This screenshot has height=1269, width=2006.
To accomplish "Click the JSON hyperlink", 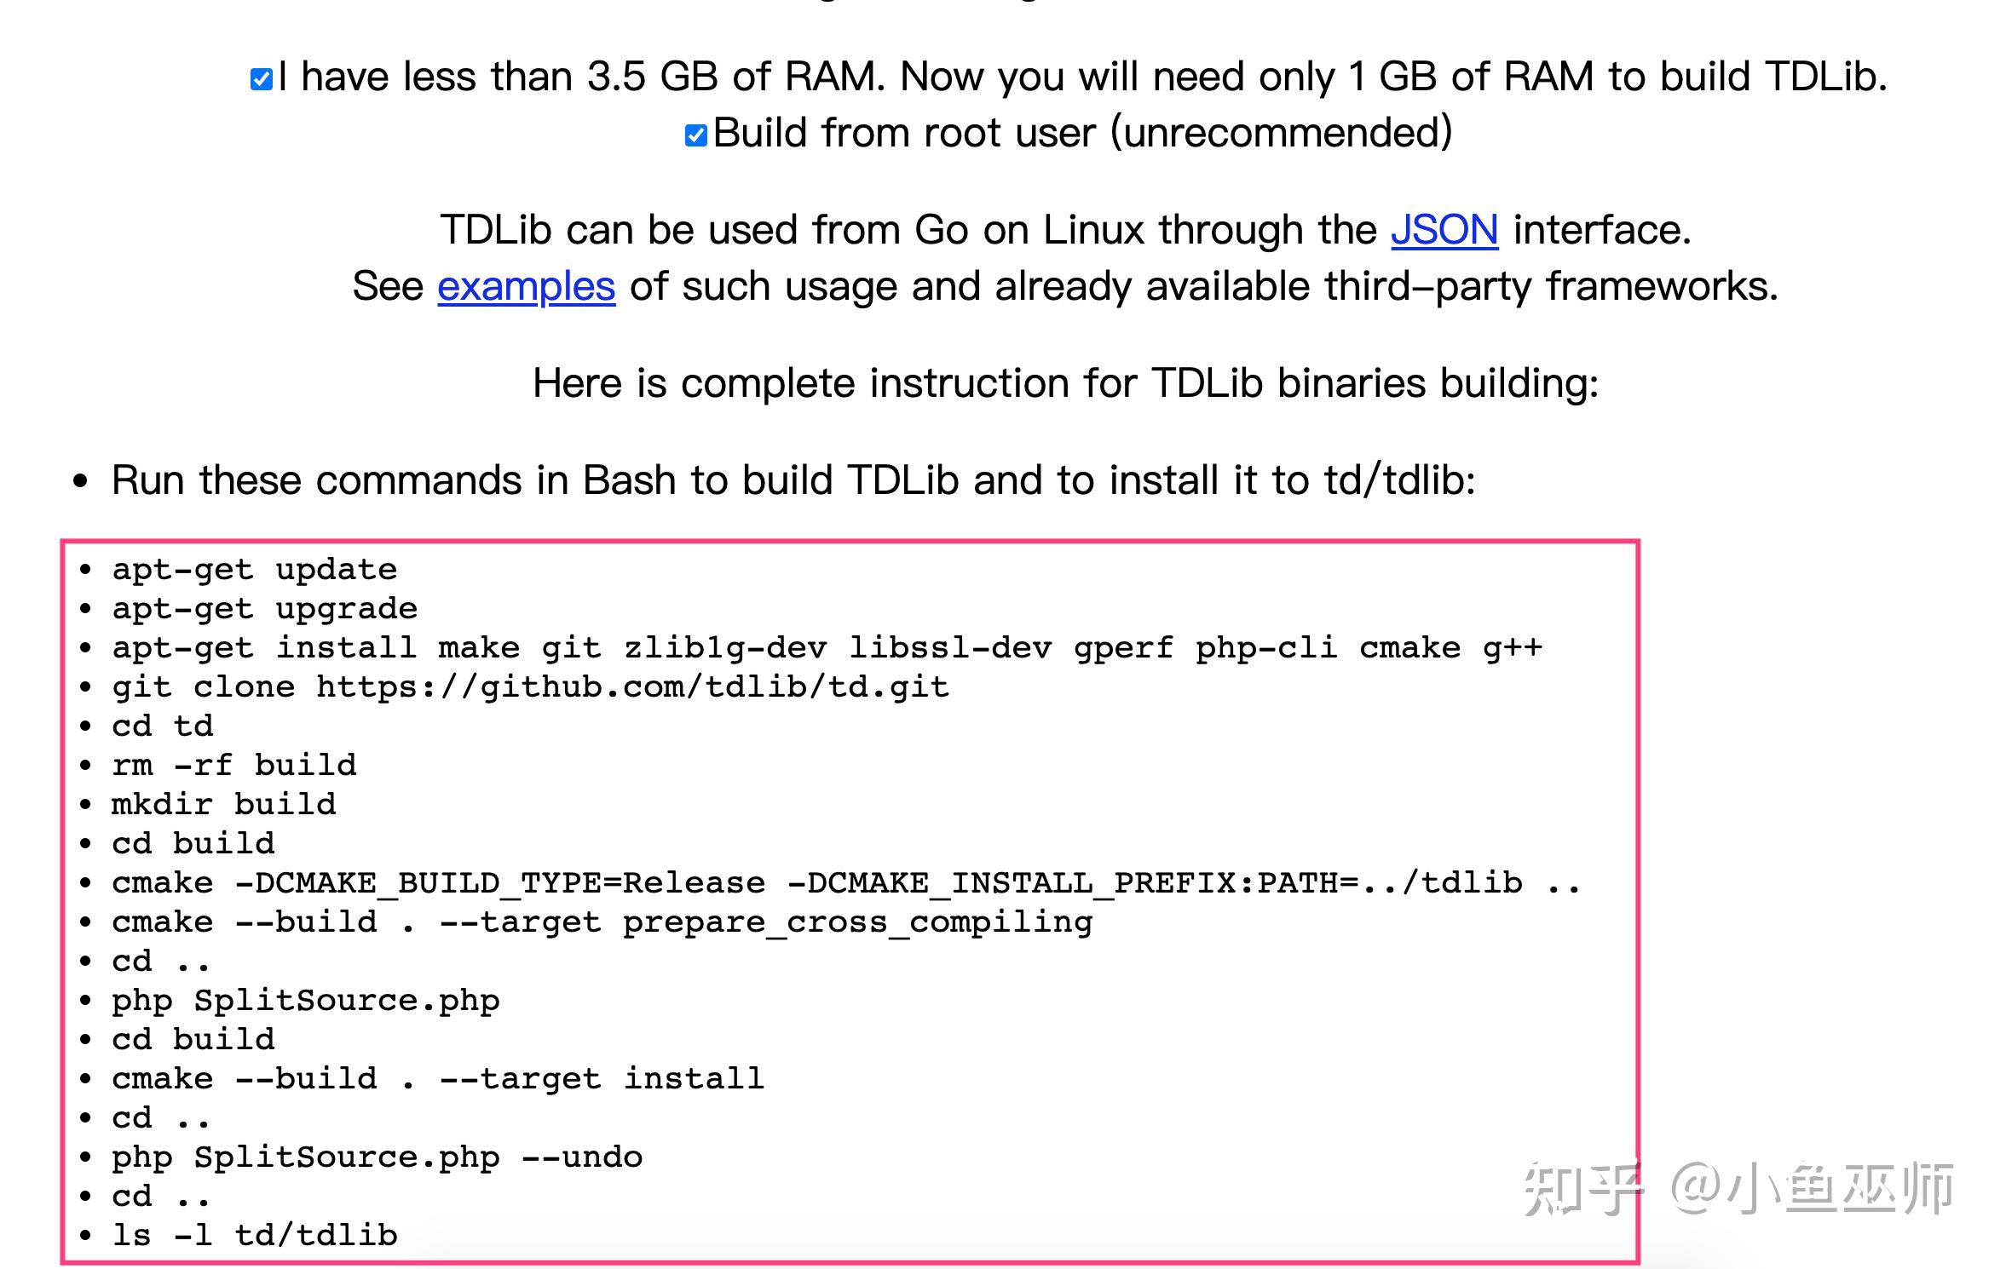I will [1444, 230].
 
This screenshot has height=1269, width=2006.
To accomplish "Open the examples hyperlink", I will [526, 286].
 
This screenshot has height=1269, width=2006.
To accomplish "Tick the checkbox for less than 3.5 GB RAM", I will [261, 79].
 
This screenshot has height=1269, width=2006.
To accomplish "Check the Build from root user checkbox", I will [695, 135].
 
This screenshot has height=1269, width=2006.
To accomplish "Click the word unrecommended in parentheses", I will [1282, 133].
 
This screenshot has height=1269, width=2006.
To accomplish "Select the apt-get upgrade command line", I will [264, 609].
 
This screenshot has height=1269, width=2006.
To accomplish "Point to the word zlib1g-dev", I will [725, 648].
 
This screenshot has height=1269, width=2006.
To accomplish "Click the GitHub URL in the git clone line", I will [632, 687].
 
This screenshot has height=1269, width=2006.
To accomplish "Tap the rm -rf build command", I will [233, 766].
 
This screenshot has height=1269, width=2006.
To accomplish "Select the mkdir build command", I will [223, 805].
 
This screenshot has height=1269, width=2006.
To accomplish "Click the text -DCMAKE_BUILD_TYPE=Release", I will [500, 883].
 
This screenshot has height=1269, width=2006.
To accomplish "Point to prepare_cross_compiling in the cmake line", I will [857, 922].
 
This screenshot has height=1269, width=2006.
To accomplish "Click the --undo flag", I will [582, 1157].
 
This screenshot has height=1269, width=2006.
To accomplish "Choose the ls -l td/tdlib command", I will [254, 1236].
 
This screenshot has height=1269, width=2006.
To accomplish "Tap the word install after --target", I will [694, 1079].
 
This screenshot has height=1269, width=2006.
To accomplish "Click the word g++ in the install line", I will [1513, 648].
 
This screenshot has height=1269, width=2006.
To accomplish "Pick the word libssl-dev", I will [950, 648].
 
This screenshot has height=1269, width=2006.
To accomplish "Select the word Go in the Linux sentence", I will [941, 230].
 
